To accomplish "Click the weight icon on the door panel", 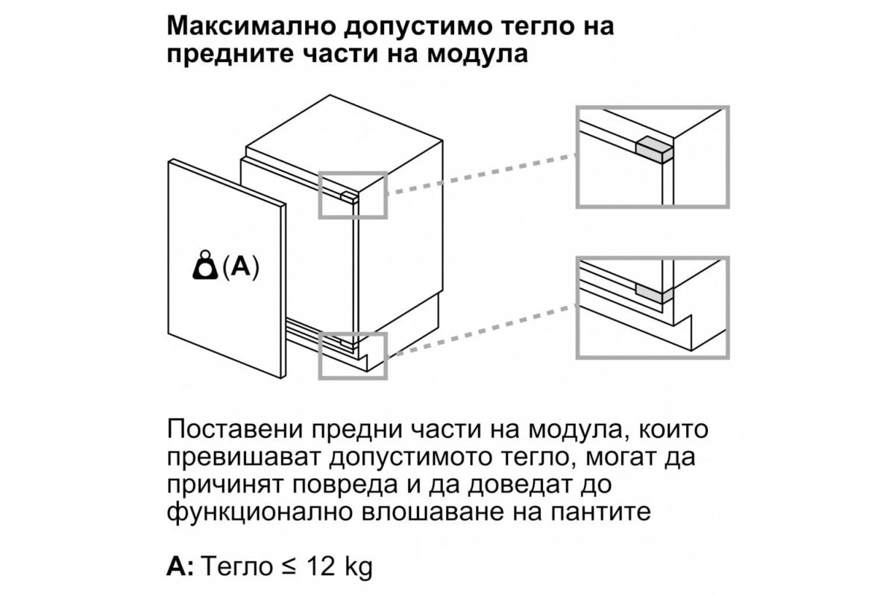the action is pos(205,265).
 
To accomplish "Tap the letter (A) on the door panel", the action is pos(240,266).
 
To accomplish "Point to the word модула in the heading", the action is pos(477,54).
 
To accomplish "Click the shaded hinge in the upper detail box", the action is pos(654,150).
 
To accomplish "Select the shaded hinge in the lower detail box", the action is pos(654,294).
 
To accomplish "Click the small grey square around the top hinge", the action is pos(353,172).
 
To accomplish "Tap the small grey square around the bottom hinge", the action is pos(353,334).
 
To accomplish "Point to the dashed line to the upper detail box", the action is pos(482,175).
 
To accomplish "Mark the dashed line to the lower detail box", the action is pos(482,331).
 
